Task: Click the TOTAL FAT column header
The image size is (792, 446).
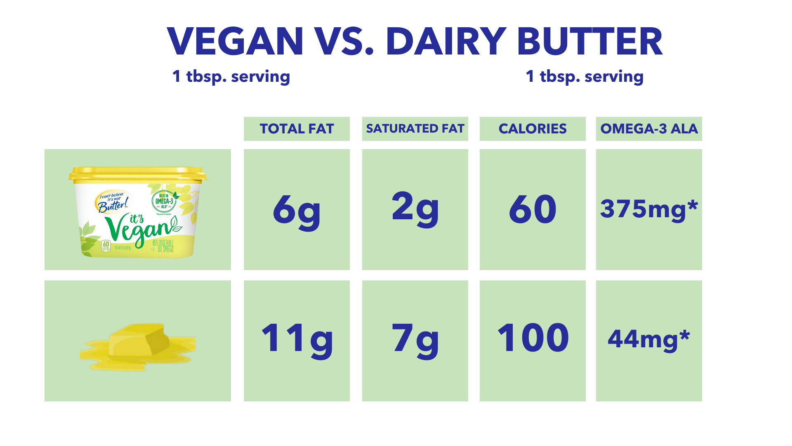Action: tap(297, 129)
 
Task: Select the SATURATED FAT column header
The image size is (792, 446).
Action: tap(415, 129)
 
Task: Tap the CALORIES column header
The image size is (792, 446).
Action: tap(532, 129)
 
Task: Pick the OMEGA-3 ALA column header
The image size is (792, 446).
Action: tap(649, 129)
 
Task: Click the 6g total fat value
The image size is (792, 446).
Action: tap(297, 210)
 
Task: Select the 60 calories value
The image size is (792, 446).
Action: tap(532, 209)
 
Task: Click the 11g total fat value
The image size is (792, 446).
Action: tap(297, 339)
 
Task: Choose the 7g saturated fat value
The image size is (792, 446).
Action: tap(415, 339)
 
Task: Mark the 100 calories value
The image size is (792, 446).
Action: tap(533, 338)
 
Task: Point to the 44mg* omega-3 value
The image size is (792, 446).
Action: tap(648, 339)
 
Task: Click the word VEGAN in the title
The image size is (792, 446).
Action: tap(235, 41)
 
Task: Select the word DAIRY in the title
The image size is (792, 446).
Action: tap(445, 41)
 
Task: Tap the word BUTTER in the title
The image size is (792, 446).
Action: tap(589, 41)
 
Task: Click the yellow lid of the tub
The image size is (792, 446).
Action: tap(138, 174)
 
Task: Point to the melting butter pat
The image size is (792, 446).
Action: tap(138, 345)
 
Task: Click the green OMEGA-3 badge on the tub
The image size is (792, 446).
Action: tap(164, 201)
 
